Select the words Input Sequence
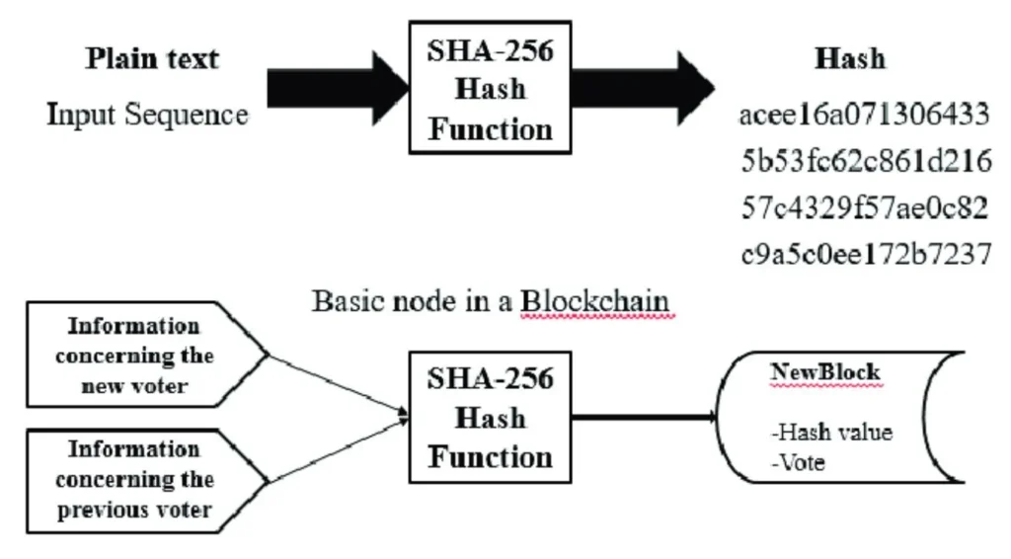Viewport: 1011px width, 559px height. (148, 115)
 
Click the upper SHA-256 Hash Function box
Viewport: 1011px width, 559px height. (490, 90)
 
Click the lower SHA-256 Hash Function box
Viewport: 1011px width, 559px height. (490, 417)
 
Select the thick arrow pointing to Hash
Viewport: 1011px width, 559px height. (642, 86)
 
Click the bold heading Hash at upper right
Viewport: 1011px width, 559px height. (849, 58)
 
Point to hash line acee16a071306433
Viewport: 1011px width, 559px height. (864, 116)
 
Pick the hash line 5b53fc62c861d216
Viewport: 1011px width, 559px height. (864, 161)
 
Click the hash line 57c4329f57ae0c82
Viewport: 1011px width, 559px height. (864, 207)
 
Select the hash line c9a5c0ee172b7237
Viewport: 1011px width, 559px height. (864, 254)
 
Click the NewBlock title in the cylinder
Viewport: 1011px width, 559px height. (824, 373)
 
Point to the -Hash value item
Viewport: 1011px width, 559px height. (832, 432)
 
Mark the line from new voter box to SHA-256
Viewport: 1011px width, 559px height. (336, 385)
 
